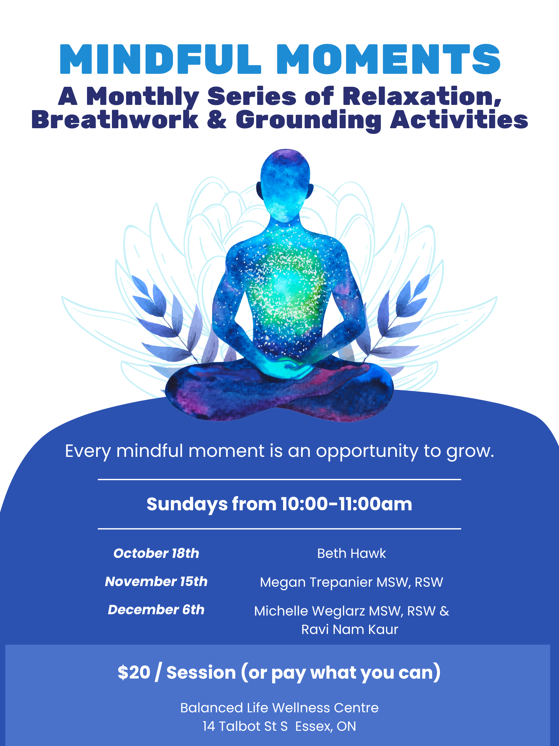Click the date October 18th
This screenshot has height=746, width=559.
point(156,553)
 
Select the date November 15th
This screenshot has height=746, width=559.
point(156,582)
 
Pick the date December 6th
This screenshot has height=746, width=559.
point(156,610)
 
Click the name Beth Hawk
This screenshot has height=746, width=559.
point(351,553)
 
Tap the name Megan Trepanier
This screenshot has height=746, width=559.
point(316,582)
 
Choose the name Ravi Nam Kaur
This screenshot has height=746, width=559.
point(350,630)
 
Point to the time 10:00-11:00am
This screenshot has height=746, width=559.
point(346,504)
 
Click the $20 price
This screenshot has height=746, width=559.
point(134,673)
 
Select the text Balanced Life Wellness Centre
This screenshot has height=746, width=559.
point(279,708)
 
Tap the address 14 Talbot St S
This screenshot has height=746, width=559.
point(245,727)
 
